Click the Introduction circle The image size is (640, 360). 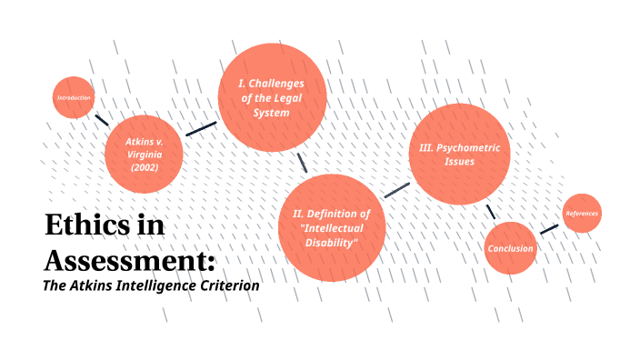coord(74,97)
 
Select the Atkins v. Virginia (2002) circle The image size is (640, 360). coord(144,154)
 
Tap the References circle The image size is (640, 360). coord(582,214)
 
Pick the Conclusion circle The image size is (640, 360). coord(511,248)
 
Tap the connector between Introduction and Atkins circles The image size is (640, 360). coord(103,120)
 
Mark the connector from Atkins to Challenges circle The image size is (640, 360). coord(201,128)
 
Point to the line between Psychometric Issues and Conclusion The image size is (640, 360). coord(490,211)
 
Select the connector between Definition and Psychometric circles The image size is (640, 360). coord(396,189)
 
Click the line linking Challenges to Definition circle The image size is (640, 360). coord(302,162)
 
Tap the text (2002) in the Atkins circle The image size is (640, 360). coord(144,166)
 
